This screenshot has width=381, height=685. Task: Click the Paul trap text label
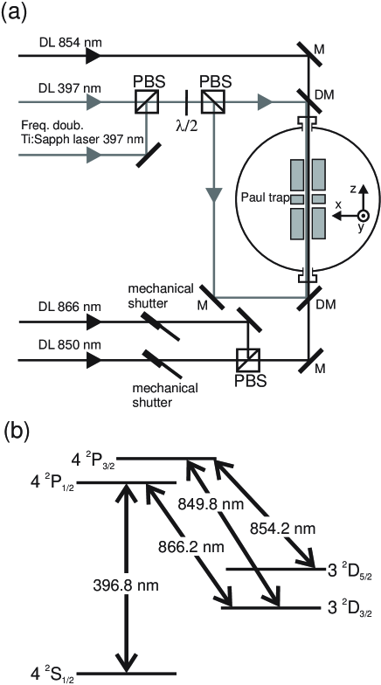click(x=266, y=197)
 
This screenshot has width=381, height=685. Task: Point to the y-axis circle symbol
click(x=364, y=216)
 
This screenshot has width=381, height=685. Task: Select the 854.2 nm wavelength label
click(x=283, y=529)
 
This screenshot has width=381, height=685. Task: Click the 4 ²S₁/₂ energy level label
click(x=48, y=673)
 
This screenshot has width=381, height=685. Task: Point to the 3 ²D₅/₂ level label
click(x=348, y=571)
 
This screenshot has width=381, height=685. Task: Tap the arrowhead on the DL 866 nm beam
click(x=94, y=322)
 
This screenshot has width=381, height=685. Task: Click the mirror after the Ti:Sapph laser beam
click(x=147, y=156)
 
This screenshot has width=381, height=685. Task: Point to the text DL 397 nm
click(x=71, y=88)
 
